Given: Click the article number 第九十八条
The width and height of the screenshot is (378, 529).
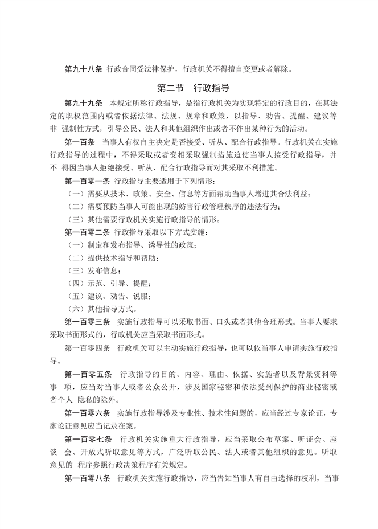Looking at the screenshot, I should pos(84,70).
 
